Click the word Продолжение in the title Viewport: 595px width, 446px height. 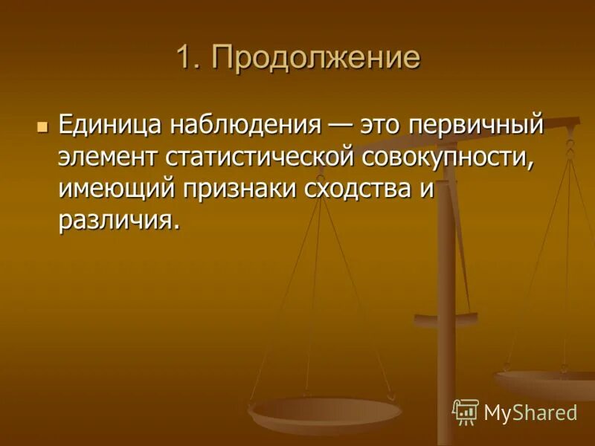(316, 58)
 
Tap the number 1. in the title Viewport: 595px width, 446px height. (189, 58)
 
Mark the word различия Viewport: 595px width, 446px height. (119, 219)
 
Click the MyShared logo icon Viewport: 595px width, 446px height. (466, 411)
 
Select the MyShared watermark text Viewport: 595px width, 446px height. (530, 413)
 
